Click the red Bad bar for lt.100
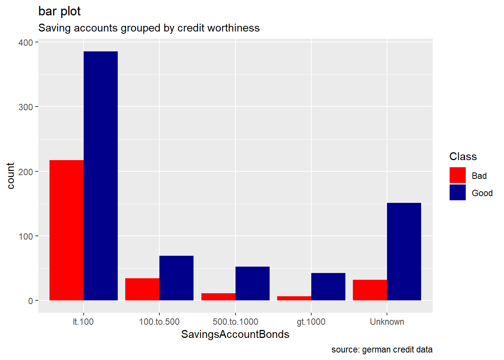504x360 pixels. pos(66,230)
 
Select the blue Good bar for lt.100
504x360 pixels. pos(100,176)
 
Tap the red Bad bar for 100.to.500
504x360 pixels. pos(142,289)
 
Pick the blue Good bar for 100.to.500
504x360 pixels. pos(176,278)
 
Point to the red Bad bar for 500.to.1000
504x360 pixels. pos(218,297)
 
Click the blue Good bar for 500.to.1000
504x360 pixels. pos(252,283)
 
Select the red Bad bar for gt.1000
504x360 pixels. pos(294,298)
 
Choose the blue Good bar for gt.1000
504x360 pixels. pos(328,286)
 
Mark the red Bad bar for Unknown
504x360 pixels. pos(370,290)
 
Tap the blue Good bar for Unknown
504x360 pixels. pos(404,252)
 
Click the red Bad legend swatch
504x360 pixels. pos(457,175)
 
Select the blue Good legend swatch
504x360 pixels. pos(457,192)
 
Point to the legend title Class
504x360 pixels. pos(463,156)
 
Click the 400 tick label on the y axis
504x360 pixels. pos(26,42)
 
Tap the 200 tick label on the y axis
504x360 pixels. pos(26,172)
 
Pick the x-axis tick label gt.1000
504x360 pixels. pos(311,322)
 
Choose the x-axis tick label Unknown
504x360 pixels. pos(387,322)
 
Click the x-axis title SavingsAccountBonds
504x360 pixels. pos(235,334)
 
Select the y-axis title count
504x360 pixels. pos(10,175)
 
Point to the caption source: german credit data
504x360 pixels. pos(382,349)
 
